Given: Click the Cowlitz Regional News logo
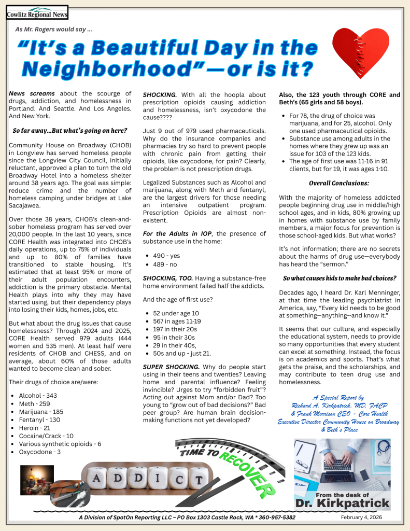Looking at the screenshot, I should [37, 12].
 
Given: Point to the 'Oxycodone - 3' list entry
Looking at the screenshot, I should [40, 452].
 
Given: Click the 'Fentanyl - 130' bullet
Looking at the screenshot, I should [40, 420].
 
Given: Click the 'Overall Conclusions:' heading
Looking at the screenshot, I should [339, 183].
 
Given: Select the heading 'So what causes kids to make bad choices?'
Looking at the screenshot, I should [339, 278].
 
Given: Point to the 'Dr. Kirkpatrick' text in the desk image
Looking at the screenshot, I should [342, 504].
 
